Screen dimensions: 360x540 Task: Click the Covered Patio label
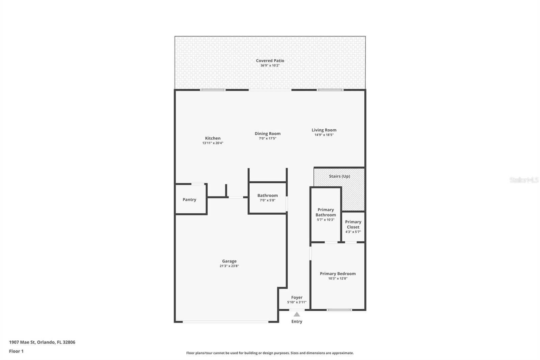pos(270,61)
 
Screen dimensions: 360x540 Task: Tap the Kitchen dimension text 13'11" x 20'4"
pos(213,143)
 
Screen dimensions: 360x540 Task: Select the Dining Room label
pos(267,134)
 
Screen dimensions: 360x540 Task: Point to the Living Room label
pos(324,130)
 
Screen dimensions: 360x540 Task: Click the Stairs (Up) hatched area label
pos(339,176)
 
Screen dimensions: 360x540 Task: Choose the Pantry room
pos(189,200)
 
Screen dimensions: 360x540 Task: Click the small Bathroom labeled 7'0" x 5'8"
pos(267,198)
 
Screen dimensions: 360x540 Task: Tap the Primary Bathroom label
pos(325,212)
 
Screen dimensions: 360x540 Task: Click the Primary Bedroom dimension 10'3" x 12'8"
pos(337,279)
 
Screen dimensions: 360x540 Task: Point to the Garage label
pos(229,261)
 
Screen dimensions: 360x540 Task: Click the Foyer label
pos(297,298)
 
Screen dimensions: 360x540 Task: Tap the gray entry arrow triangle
pos(297,314)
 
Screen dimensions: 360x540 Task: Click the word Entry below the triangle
pos(297,322)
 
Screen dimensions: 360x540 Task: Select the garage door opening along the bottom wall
pos(225,322)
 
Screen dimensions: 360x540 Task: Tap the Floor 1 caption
pos(16,351)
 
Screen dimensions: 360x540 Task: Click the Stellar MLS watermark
pos(524,180)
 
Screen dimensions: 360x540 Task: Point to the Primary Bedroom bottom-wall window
pos(339,310)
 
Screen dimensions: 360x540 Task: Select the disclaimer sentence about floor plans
pos(270,353)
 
